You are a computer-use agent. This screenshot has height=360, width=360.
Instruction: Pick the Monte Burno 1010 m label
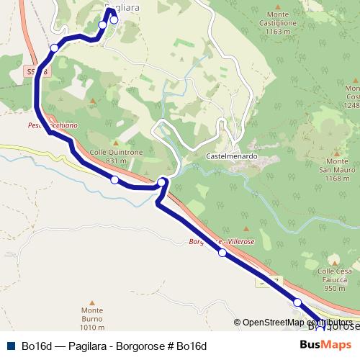pos(92,315)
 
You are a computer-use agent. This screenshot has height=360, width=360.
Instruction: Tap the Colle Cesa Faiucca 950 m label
pos(334,279)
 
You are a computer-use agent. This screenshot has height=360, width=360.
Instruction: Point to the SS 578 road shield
pos(37,71)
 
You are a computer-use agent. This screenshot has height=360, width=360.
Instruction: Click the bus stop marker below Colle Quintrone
pos(114,179)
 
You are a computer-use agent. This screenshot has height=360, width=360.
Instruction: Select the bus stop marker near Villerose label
pos(222,253)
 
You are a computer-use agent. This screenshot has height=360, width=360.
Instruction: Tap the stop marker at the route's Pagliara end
pos(113,20)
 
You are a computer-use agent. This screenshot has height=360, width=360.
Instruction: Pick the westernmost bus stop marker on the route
pos(55,48)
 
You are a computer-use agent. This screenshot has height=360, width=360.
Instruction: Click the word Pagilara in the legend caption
pos(87,346)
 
